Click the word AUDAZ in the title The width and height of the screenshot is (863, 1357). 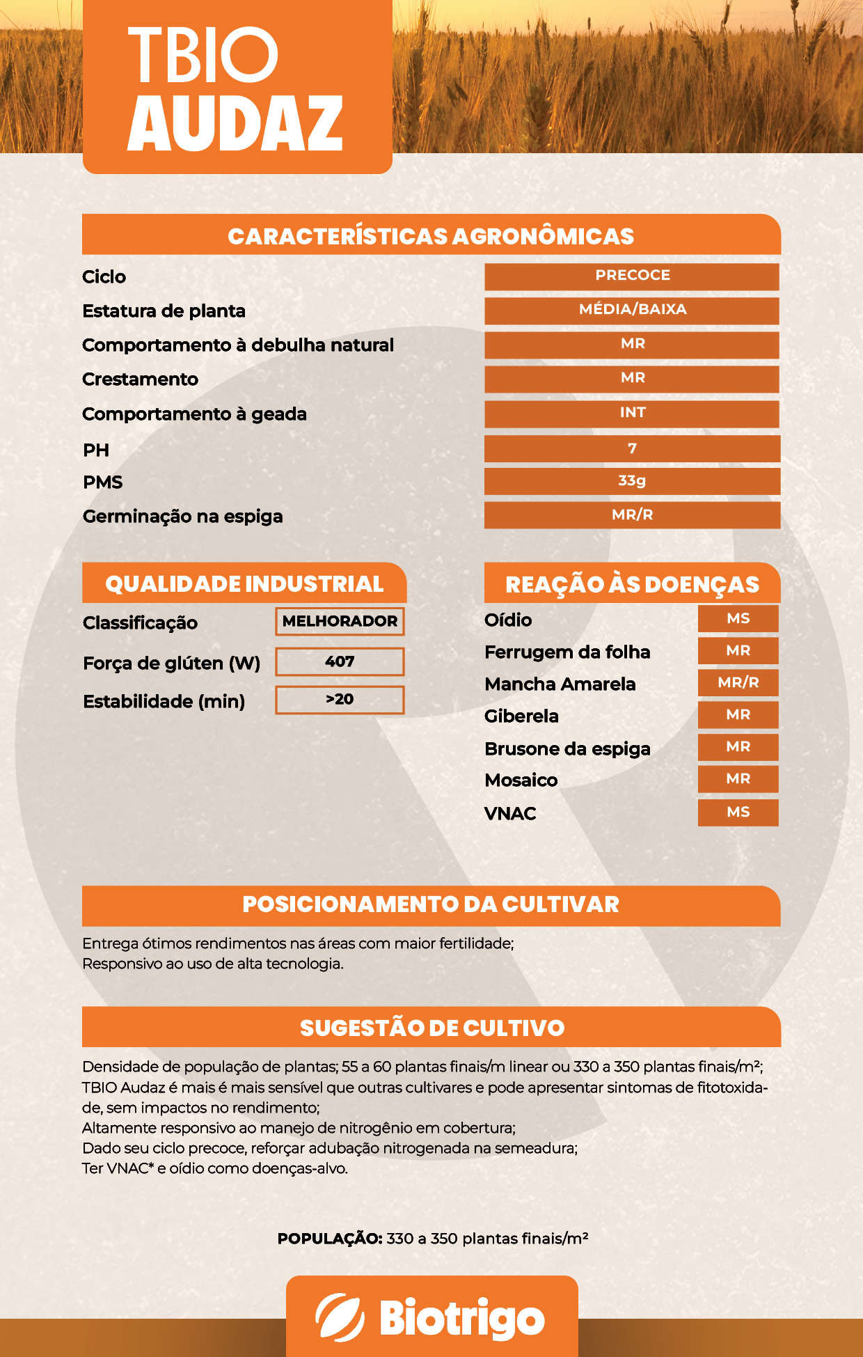235,124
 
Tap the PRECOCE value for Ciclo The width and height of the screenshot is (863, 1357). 632,276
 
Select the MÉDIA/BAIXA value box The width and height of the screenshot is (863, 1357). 632,310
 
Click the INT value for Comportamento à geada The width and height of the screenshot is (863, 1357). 632,413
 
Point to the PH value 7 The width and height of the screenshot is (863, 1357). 632,448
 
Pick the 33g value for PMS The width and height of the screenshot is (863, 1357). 632,481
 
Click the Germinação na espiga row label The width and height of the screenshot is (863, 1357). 182,517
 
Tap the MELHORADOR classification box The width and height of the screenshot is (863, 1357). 340,621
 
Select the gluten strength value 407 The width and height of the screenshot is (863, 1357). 340,661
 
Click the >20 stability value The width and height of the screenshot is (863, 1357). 340,700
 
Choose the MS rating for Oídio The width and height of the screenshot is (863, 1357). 738,618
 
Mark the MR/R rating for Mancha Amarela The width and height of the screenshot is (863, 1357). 738,683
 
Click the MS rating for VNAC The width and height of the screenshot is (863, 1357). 738,813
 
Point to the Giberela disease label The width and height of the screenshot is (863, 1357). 521,716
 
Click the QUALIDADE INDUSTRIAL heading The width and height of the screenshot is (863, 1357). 244,583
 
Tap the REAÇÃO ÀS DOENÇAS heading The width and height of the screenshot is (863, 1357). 632,584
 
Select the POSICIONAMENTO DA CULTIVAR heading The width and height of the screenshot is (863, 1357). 431,904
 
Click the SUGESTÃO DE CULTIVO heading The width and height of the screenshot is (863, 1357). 431,1028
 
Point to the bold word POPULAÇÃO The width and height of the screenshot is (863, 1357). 330,1239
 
